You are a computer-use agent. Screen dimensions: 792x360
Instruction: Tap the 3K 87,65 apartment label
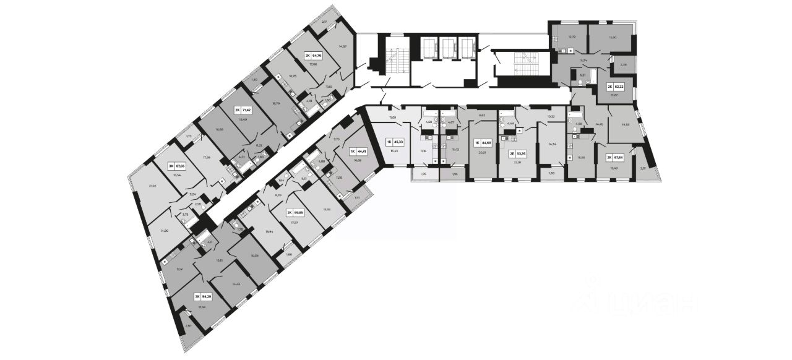click(x=178, y=166)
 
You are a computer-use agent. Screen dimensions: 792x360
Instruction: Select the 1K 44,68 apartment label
click(x=484, y=142)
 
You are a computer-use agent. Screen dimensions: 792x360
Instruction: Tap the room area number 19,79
click(x=275, y=104)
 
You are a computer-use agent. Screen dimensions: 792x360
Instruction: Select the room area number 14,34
click(x=551, y=144)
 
